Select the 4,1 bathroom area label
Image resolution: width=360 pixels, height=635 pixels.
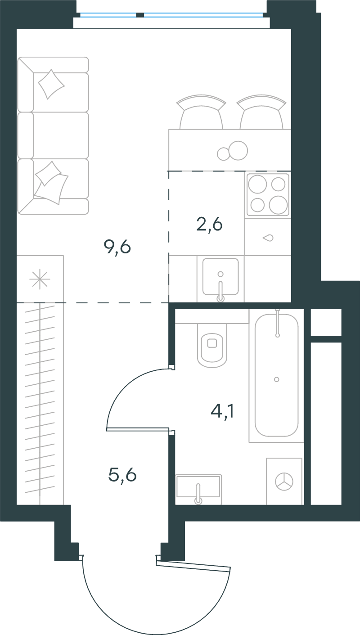coord(222,412)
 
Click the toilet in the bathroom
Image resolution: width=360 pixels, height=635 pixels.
coord(212,345)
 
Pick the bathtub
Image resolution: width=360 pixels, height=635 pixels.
coord(276,376)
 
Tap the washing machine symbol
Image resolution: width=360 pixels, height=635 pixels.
coord(284,481)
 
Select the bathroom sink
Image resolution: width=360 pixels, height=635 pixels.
coord(198,489)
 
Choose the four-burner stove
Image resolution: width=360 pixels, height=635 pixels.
coord(268,194)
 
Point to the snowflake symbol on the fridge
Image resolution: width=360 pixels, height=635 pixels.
coord(40,279)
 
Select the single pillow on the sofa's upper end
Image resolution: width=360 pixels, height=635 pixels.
coord(51,84)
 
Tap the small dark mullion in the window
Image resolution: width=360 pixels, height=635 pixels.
coord(140,15)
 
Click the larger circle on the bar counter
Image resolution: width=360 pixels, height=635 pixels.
coord(238,150)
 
